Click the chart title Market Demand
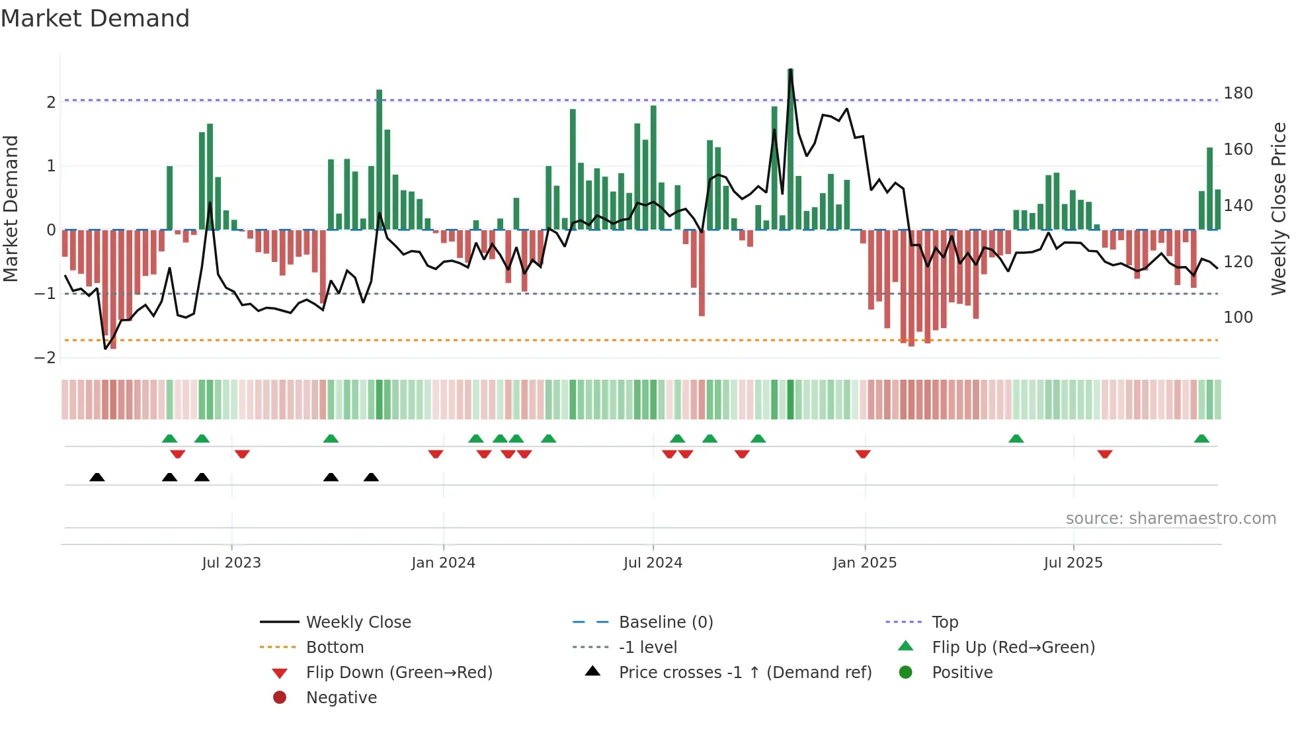pyautogui.click(x=95, y=19)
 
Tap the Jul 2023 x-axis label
pyautogui.click(x=231, y=563)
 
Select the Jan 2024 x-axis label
pyautogui.click(x=443, y=563)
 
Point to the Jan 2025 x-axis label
pyautogui.click(x=864, y=563)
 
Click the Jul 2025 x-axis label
pyautogui.click(x=1073, y=563)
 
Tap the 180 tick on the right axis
pyautogui.click(x=1238, y=93)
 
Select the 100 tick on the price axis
pyautogui.click(x=1238, y=318)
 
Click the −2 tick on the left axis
pyautogui.click(x=46, y=358)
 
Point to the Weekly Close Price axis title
pyautogui.click(x=1279, y=208)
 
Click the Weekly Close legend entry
pyautogui.click(x=358, y=622)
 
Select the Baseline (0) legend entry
pyautogui.click(x=665, y=622)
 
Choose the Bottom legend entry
pyautogui.click(x=335, y=648)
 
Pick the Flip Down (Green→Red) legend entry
pyautogui.click(x=399, y=673)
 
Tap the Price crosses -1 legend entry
pyautogui.click(x=745, y=673)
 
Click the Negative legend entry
pyautogui.click(x=341, y=698)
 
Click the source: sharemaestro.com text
pyautogui.click(x=1170, y=519)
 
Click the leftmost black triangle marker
pyautogui.click(x=97, y=477)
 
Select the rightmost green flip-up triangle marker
pyautogui.click(x=1201, y=439)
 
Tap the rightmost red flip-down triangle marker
pyautogui.click(x=1105, y=454)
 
